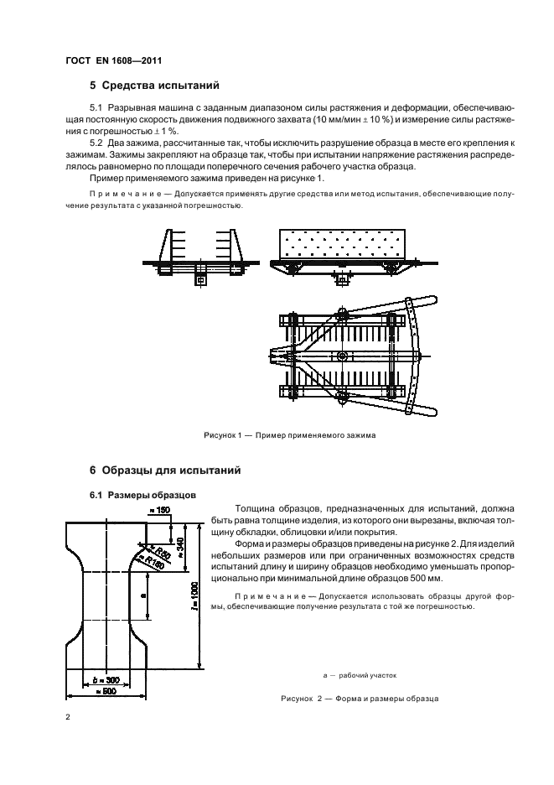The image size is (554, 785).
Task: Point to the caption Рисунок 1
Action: click(x=289, y=435)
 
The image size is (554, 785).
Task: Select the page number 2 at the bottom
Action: click(x=68, y=718)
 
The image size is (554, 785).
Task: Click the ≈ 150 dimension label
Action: click(x=158, y=510)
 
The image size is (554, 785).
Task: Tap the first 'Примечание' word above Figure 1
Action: click(x=120, y=194)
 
